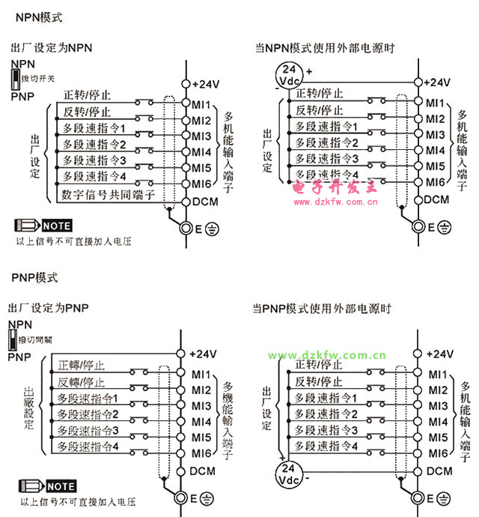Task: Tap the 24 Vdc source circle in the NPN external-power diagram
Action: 290,75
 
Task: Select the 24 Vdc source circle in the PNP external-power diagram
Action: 287,472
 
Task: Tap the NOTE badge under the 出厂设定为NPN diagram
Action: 45,226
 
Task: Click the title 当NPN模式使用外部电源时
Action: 324,48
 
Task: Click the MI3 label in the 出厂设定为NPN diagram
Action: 201,136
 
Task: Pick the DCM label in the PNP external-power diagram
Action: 439,471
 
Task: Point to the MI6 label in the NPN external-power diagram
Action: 436,182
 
